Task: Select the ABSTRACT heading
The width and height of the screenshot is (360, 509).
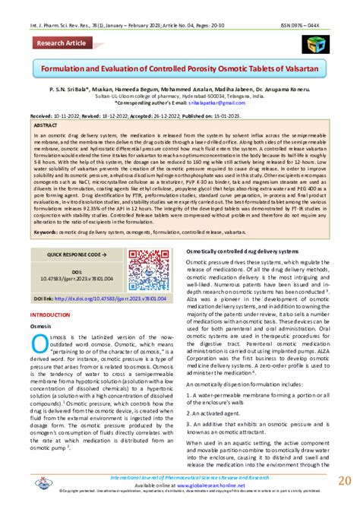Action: pos(46,124)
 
